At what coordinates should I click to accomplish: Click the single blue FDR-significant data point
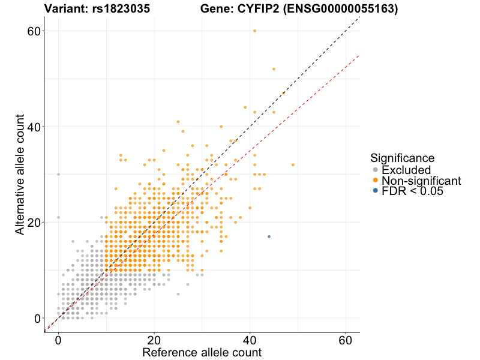269,236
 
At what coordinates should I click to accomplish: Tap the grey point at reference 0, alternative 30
58,174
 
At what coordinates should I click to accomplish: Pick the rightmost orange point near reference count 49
293,164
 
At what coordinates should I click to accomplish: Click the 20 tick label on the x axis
154,338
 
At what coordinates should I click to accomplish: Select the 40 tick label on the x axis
250,338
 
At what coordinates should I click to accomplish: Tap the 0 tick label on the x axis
58,338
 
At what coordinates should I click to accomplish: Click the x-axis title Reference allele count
202,352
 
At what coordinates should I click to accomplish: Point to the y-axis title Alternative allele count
20,175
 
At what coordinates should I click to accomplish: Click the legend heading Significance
402,158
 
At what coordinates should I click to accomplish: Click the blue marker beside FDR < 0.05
376,191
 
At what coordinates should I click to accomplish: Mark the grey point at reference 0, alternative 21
58,217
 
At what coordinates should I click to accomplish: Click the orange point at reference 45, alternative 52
274,69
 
